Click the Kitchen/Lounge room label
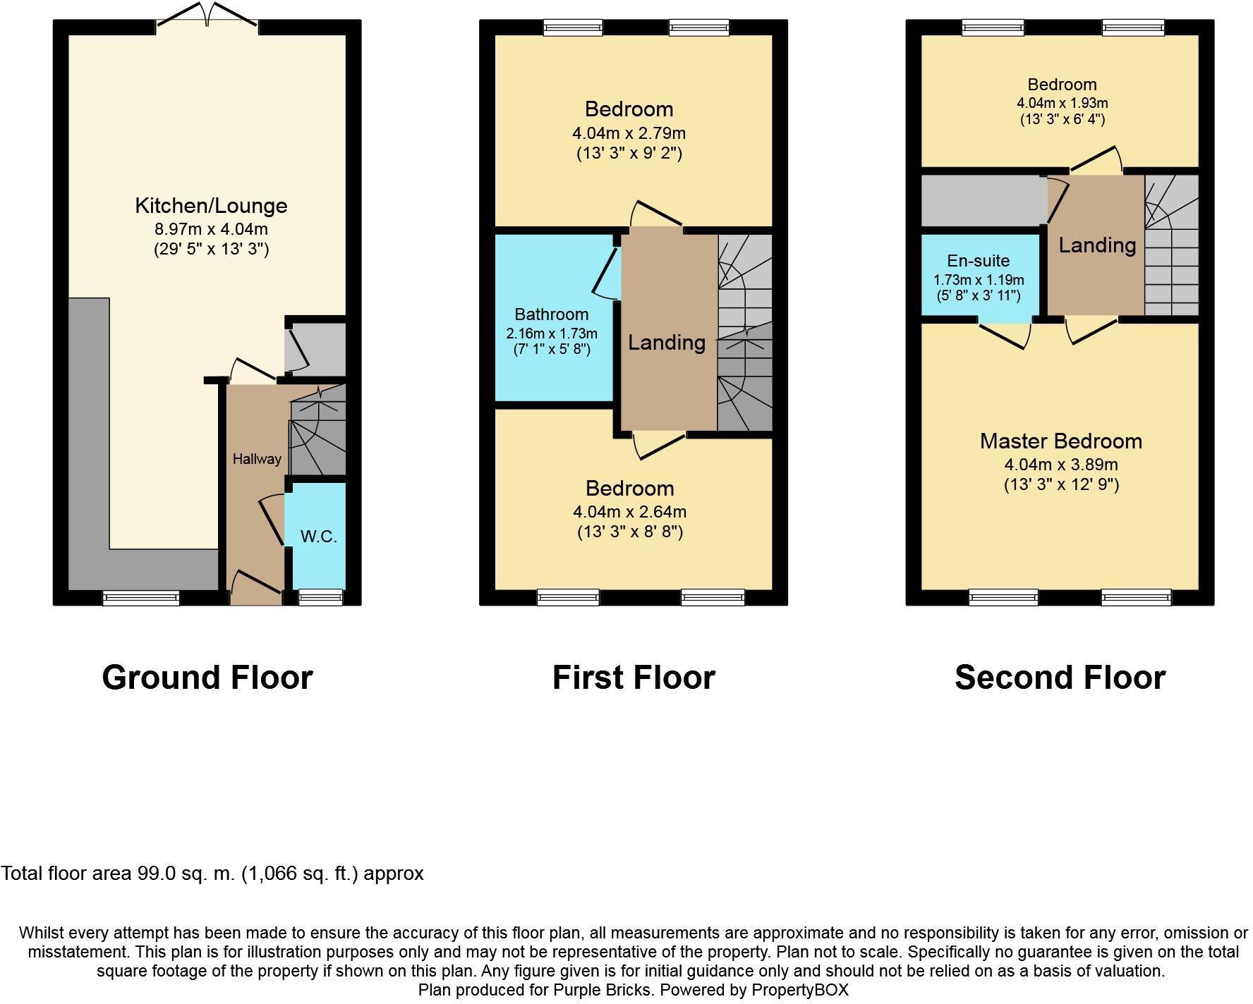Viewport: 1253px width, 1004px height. [211, 206]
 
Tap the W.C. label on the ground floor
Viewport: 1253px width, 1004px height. [318, 537]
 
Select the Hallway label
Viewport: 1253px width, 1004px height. [257, 459]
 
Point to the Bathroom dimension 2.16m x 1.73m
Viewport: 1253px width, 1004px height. [551, 333]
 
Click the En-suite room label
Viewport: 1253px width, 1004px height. [978, 261]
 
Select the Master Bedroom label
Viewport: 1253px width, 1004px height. [1060, 441]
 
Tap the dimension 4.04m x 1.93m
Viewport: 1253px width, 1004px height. [1062, 103]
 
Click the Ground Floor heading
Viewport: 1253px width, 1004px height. [207, 678]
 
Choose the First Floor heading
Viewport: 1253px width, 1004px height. [633, 678]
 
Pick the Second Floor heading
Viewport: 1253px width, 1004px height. [1060, 678]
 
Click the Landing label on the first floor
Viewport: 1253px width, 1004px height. [667, 343]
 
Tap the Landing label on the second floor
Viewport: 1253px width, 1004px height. [1097, 245]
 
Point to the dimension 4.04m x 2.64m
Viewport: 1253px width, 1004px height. [629, 512]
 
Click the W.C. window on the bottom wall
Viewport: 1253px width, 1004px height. [320, 598]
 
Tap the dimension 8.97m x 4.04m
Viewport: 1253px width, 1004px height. [211, 229]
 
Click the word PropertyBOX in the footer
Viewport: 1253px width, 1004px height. [799, 990]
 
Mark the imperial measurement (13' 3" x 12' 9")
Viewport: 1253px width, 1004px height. [1061, 485]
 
